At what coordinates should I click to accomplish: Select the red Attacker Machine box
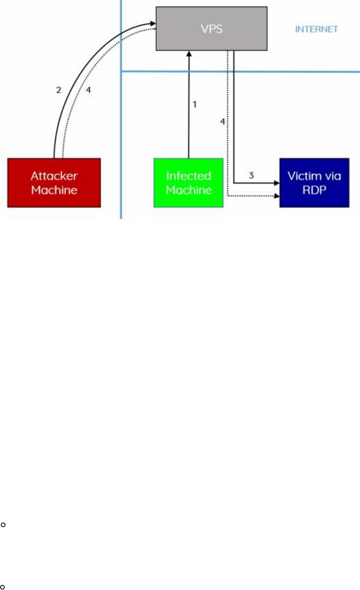point(54,183)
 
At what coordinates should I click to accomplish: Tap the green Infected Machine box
point(188,183)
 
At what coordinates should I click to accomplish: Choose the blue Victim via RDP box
point(314,183)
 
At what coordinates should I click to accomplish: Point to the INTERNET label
point(317,29)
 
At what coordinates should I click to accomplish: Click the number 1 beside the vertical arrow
point(195,105)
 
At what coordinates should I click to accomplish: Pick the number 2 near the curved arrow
point(58,90)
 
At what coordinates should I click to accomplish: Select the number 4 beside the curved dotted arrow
point(88,90)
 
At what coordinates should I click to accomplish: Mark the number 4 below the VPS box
point(222,121)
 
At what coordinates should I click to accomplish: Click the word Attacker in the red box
point(54,176)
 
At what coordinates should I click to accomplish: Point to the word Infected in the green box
point(188,176)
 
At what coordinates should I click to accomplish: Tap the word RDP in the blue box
point(314,190)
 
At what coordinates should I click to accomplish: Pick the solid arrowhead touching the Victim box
point(276,183)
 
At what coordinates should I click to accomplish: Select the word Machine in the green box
point(188,190)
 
